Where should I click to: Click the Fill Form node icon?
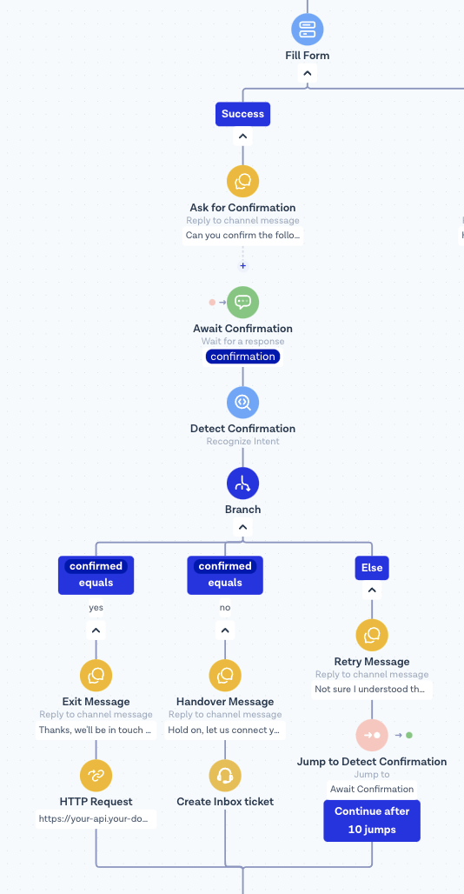(x=308, y=29)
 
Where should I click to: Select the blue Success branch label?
(x=242, y=114)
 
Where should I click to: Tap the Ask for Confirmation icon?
(x=243, y=181)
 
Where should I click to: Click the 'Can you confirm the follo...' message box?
(x=242, y=235)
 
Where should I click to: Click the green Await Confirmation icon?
(x=243, y=302)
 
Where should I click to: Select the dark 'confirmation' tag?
(x=243, y=357)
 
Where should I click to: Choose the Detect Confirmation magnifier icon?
(x=243, y=403)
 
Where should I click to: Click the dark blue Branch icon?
(x=243, y=484)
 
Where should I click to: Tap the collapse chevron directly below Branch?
(x=243, y=527)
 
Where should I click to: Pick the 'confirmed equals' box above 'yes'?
(x=96, y=575)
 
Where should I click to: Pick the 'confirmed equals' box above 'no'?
(x=225, y=575)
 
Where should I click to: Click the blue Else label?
(x=372, y=568)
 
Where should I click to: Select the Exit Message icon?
(x=96, y=676)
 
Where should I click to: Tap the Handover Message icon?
(x=225, y=676)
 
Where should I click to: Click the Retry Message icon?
(x=372, y=635)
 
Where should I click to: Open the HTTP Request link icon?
(x=96, y=776)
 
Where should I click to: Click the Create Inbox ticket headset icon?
(x=225, y=776)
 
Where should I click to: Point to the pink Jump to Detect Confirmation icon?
(x=372, y=736)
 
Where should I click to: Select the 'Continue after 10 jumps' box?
(x=372, y=820)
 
